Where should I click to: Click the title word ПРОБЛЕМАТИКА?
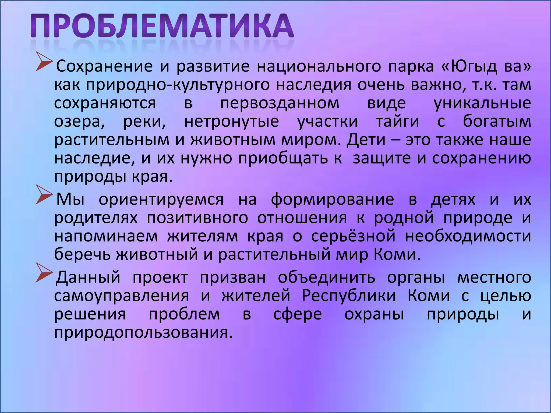click(162, 26)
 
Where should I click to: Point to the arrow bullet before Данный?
click(44, 275)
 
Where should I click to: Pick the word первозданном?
click(280, 103)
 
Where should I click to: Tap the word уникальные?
click(482, 103)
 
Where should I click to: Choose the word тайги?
click(397, 122)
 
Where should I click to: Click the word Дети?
click(366, 140)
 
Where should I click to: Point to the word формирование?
click(332, 200)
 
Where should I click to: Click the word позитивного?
click(197, 218)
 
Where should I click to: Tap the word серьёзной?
click(354, 236)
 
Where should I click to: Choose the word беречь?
click(82, 254)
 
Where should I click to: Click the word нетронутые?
click(232, 122)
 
